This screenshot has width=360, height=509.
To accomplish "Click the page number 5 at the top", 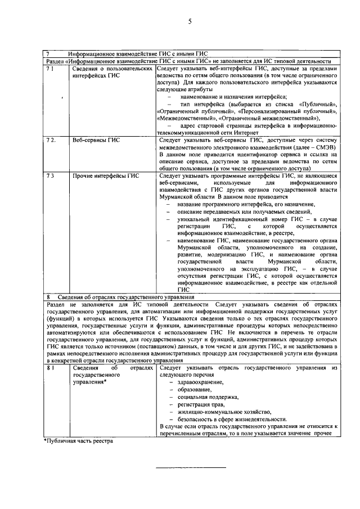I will [x=190, y=22].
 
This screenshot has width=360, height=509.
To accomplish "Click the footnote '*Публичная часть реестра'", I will [x=79, y=440].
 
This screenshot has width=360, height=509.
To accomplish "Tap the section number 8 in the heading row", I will [x=49, y=296].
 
